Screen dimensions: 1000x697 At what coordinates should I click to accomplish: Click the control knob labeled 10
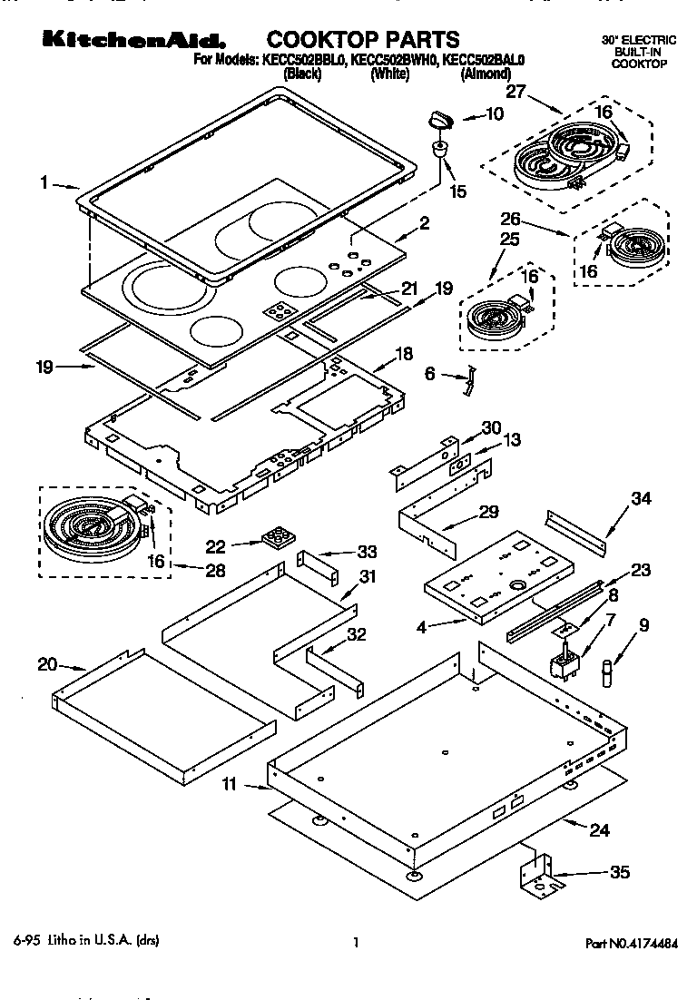point(440,119)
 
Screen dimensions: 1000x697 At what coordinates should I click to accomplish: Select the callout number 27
point(515,91)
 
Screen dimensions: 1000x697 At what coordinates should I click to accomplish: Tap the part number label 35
point(619,873)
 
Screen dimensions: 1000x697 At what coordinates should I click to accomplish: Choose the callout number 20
point(47,664)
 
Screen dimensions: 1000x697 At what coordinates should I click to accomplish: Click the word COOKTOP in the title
point(322,39)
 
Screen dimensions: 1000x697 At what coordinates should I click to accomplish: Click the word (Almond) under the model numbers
point(485,74)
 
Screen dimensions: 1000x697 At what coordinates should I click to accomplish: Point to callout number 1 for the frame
point(44,181)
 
